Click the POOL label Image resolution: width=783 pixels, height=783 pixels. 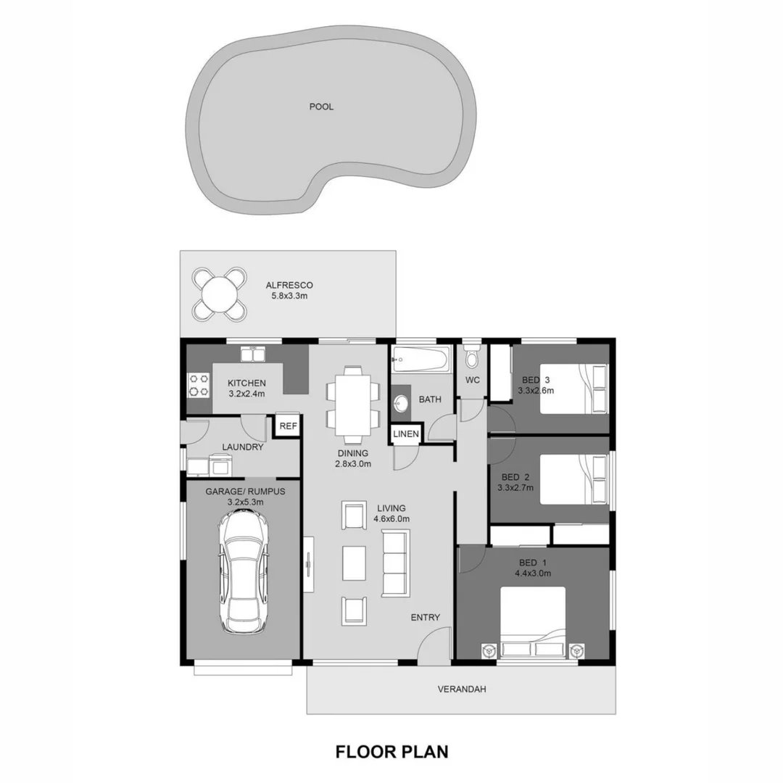point(321,107)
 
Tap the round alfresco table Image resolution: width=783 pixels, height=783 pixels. point(219,294)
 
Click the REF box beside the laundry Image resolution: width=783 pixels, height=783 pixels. point(288,426)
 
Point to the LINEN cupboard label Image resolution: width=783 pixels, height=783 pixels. point(406,434)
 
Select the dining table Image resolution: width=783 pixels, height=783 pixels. point(352,405)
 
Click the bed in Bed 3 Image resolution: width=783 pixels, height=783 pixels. point(573,389)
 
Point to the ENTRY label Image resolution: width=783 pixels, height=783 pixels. point(426,617)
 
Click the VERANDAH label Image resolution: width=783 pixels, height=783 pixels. point(462,689)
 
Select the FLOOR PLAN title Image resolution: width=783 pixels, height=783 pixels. point(391,751)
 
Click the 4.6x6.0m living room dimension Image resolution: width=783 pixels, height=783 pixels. point(391,519)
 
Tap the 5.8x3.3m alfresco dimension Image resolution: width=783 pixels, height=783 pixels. point(289,297)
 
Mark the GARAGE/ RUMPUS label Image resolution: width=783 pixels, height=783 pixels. point(245,491)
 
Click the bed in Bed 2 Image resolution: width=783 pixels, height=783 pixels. point(573,478)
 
